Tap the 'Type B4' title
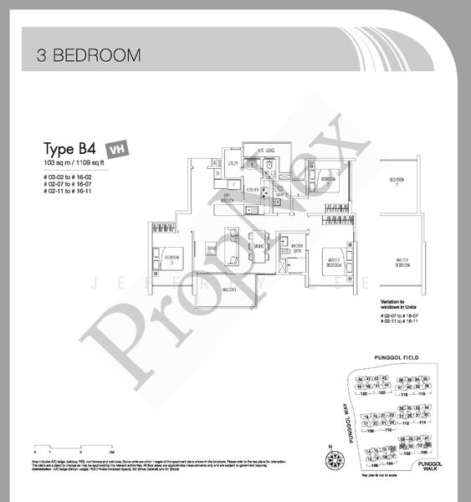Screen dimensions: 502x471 pyautogui.click(x=68, y=144)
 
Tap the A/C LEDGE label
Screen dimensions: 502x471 pyautogui.click(x=266, y=151)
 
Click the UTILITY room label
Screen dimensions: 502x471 pyautogui.click(x=233, y=165)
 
